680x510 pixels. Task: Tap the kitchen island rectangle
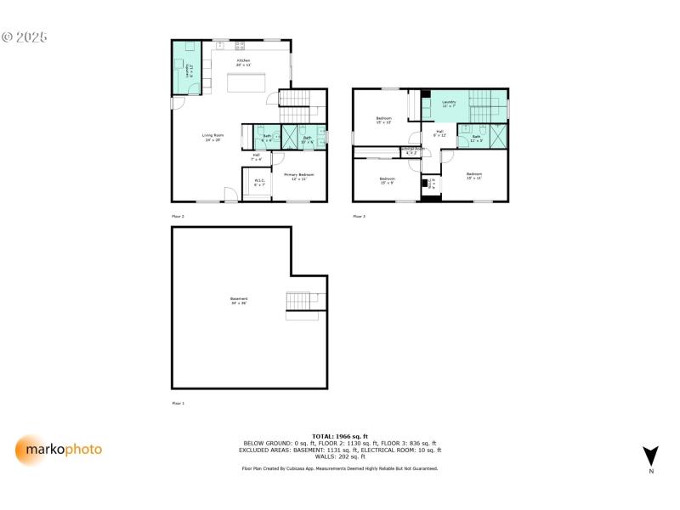pyautogui.click(x=246, y=82)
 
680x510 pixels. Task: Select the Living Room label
pyautogui.click(x=212, y=137)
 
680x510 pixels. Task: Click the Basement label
pyautogui.click(x=239, y=300)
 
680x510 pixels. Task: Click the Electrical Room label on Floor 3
pyautogui.click(x=412, y=150)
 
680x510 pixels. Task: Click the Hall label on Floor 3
pyautogui.click(x=439, y=133)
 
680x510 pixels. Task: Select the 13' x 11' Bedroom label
pyautogui.click(x=473, y=176)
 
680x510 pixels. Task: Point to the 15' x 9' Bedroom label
pyautogui.click(x=387, y=180)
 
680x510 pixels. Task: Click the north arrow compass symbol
pyautogui.click(x=650, y=457)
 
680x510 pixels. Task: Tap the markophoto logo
pyautogui.click(x=59, y=450)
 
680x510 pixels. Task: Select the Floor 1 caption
pyautogui.click(x=178, y=403)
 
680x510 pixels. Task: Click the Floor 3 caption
pyautogui.click(x=360, y=217)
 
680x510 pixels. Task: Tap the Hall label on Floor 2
pyautogui.click(x=256, y=156)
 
